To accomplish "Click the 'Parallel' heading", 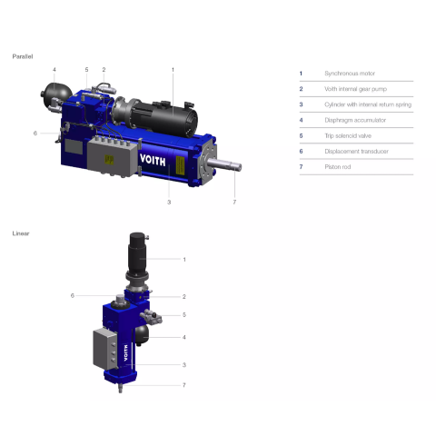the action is (23, 56).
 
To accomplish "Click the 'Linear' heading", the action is (21, 233).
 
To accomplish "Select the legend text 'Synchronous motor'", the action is (350, 74).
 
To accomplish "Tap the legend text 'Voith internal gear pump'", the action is (355, 89).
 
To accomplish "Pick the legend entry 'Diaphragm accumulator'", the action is (355, 120).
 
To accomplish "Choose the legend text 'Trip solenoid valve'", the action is (348, 135).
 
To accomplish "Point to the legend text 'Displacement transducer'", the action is (356, 152).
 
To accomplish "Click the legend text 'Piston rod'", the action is (338, 167).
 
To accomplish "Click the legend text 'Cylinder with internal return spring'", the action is (368, 104).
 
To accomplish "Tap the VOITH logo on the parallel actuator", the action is (153, 160).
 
